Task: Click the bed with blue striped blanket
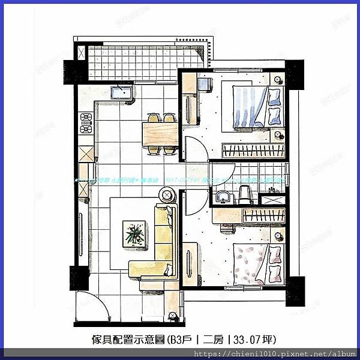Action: click(251, 107)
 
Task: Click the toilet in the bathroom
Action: click(244, 193)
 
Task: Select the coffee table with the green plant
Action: click(134, 233)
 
